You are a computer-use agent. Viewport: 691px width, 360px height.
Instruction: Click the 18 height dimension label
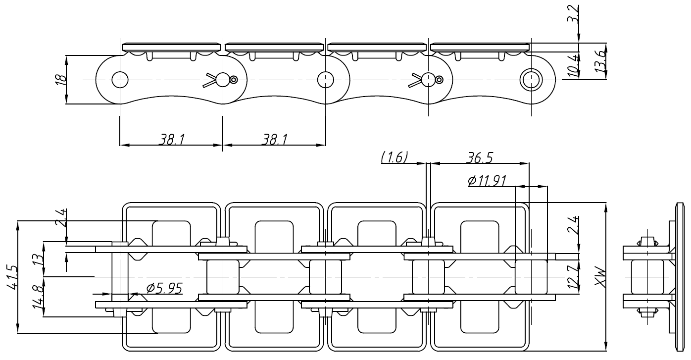pyautogui.click(x=58, y=80)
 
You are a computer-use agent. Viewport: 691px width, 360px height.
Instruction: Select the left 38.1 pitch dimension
pyautogui.click(x=171, y=140)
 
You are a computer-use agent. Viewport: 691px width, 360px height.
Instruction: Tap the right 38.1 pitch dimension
pyautogui.click(x=274, y=140)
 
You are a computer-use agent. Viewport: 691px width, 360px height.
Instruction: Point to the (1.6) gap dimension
pyautogui.click(x=395, y=157)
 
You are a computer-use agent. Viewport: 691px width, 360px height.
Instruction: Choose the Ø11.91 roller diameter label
pyautogui.click(x=487, y=181)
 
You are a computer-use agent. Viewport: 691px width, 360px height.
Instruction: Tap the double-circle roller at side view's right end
pyautogui.click(x=530, y=79)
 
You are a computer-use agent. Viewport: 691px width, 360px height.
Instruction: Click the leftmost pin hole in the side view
pyautogui.click(x=120, y=79)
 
